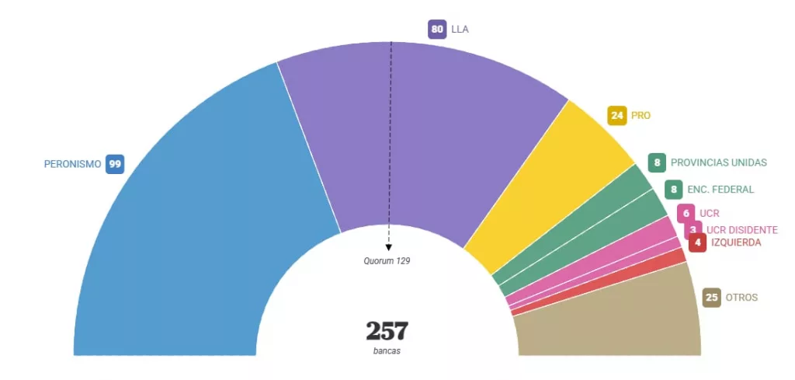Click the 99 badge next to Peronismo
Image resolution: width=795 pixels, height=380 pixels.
point(115,164)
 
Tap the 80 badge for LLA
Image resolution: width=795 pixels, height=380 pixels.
point(437,30)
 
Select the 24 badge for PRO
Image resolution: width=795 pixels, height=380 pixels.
point(617,116)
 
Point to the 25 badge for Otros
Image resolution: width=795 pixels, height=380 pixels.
point(711,298)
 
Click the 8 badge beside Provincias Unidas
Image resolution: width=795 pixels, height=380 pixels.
point(658,162)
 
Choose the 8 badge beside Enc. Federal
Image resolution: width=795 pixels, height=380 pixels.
point(674,189)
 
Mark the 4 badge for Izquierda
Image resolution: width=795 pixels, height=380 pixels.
point(698,242)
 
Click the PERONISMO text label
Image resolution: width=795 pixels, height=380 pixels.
point(72,164)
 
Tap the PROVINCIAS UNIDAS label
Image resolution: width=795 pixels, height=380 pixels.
point(718,162)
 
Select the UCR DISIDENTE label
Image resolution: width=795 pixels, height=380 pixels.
point(741,230)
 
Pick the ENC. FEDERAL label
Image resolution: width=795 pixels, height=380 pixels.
point(720,189)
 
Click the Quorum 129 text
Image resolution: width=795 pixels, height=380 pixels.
point(387,261)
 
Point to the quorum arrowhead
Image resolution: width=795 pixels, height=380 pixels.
point(389,247)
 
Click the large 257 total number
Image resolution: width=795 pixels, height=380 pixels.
point(387,331)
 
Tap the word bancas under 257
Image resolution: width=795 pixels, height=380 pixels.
point(387,351)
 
